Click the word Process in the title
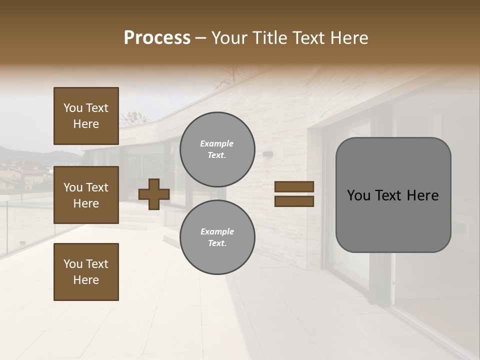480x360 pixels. pyautogui.click(x=157, y=38)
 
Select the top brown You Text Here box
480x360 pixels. pyautogui.click(x=86, y=116)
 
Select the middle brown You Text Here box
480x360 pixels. pyautogui.click(x=86, y=195)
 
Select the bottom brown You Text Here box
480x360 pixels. pyautogui.click(x=86, y=271)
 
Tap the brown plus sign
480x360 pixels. pyautogui.click(x=154, y=194)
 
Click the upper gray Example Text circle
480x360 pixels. pyautogui.click(x=217, y=149)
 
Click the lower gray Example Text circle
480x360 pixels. pyautogui.click(x=217, y=237)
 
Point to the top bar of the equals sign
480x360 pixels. pyautogui.click(x=294, y=186)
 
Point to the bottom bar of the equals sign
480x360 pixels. pyautogui.click(x=294, y=201)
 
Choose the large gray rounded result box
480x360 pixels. pyautogui.click(x=393, y=194)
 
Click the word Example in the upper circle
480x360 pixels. pyautogui.click(x=217, y=144)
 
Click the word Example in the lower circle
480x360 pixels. pyautogui.click(x=217, y=231)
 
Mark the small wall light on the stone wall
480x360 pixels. pyautogui.click(x=267, y=153)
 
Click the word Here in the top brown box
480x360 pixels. pyautogui.click(x=86, y=124)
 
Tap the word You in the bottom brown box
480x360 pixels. pyautogui.click(x=73, y=263)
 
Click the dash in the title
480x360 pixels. pyautogui.click(x=201, y=38)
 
